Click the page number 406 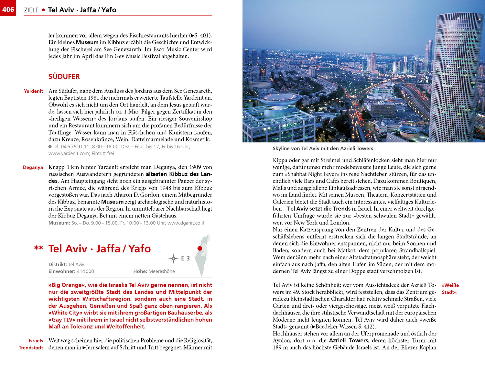pyautogui.click(x=8, y=9)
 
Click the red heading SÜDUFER pyautogui.click(x=64, y=77)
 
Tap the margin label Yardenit pyautogui.click(x=33, y=91)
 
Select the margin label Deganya pyautogui.click(x=33, y=167)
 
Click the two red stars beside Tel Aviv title pyautogui.click(x=39, y=248)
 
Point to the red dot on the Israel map pyautogui.click(x=200, y=248)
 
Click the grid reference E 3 pyautogui.click(x=185, y=258)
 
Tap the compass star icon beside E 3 pyautogui.click(x=173, y=258)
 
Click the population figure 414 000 pyautogui.click(x=85, y=271)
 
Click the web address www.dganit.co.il pyautogui.click(x=186, y=223)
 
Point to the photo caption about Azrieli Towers pyautogui.click(x=323, y=148)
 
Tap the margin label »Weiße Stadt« pyautogui.click(x=450, y=289)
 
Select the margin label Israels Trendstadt pyautogui.click(x=31, y=344)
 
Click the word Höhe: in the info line pyautogui.click(x=140, y=271)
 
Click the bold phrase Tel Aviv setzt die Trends pyautogui.click(x=319, y=209)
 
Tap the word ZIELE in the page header pyautogui.click(x=31, y=10)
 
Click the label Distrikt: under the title pyautogui.click(x=58, y=265)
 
